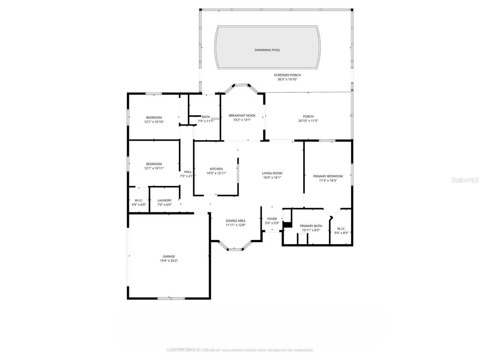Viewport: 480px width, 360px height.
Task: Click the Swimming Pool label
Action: (267, 50)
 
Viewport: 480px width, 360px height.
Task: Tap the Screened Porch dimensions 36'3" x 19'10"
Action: (287, 79)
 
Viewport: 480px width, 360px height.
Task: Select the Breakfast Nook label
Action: (242, 115)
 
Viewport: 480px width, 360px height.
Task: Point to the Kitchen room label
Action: (216, 169)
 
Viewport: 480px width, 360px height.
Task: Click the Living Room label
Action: (272, 173)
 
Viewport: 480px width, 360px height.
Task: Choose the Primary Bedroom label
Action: (328, 176)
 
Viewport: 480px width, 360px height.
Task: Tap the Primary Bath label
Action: (310, 226)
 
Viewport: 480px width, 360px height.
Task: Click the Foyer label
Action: (272, 219)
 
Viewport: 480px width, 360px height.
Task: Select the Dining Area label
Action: (235, 221)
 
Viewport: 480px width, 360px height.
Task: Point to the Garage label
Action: (169, 256)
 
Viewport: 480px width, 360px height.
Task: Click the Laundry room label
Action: (164, 201)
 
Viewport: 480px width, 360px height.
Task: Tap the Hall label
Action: (187, 172)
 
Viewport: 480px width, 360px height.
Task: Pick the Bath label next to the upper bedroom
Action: (206, 117)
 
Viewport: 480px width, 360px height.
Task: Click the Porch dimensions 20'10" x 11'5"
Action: (308, 121)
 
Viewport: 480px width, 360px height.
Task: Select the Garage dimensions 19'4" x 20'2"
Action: (169, 261)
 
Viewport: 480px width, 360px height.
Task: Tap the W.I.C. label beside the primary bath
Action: (340, 229)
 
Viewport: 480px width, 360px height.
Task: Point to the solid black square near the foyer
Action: (287, 225)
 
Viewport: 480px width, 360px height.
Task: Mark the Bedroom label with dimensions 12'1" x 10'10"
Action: (154, 117)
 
